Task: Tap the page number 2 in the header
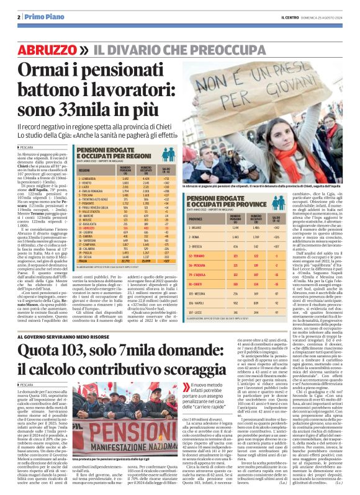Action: (x=20, y=16)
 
